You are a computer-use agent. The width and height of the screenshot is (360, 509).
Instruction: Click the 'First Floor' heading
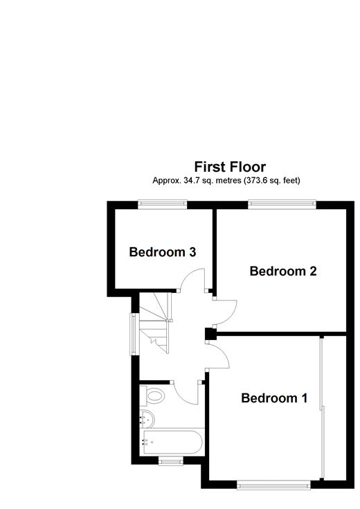tap(230, 167)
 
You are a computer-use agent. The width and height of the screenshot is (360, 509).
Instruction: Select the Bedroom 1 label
tap(274, 398)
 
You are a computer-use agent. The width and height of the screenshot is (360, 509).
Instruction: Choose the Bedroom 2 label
tap(283, 271)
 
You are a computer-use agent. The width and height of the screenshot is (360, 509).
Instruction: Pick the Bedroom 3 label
tap(163, 252)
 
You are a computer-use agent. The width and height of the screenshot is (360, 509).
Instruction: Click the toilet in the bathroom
tap(152, 395)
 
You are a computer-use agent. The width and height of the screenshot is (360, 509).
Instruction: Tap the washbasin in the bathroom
tap(147, 419)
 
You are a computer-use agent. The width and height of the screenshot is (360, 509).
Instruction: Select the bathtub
tap(173, 442)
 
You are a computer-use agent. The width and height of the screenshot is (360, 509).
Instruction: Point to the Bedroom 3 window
tap(162, 204)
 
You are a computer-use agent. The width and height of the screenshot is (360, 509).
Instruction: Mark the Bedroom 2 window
tap(282, 204)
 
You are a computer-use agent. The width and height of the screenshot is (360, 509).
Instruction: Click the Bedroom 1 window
tap(273, 485)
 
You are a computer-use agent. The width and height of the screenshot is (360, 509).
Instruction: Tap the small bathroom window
tap(171, 461)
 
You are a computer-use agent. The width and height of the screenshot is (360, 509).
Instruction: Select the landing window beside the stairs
tap(134, 334)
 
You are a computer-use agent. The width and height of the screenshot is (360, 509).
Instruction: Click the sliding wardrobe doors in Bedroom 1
tap(322, 408)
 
